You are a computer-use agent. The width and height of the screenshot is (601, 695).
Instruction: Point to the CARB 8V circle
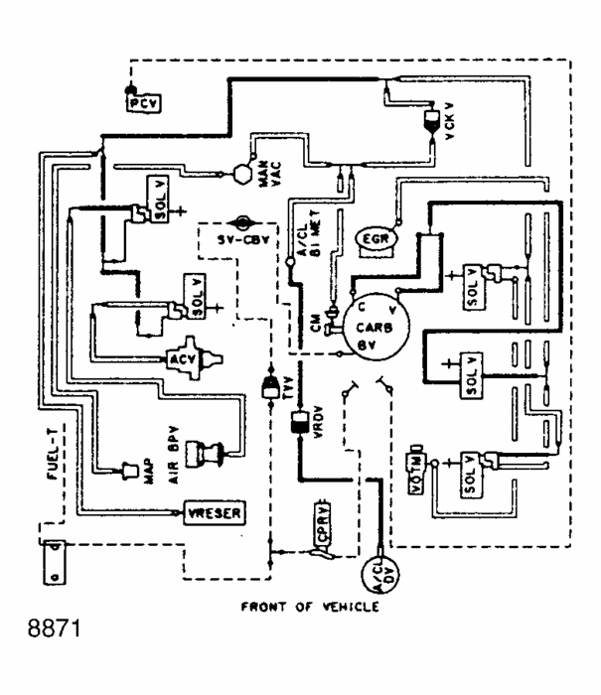click(368, 324)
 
